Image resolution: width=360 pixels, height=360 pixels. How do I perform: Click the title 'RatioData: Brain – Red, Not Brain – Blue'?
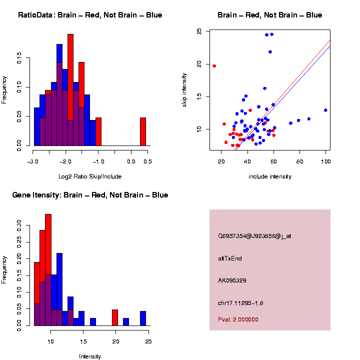tap(90, 15)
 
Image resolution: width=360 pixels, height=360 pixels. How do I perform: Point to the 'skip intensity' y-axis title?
tap(184, 88)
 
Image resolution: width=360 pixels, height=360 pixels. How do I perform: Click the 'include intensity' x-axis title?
tap(270, 176)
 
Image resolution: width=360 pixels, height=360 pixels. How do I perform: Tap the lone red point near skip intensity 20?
tap(214, 66)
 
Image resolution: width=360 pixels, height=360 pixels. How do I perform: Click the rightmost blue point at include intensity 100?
tap(325, 110)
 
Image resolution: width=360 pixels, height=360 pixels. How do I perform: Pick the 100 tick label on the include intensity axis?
tap(325, 161)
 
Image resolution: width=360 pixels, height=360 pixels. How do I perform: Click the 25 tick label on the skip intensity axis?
tap(199, 32)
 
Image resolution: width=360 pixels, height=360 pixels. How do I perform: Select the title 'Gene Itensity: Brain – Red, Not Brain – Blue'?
tap(90, 195)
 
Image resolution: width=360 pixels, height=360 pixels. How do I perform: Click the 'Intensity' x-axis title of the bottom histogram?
tap(90, 356)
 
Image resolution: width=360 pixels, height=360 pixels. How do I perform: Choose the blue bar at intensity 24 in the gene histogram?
tap(143, 318)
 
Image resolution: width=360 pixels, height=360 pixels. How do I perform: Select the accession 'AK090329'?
tap(232, 280)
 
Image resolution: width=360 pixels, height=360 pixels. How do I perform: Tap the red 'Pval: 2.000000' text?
tap(238, 319)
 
